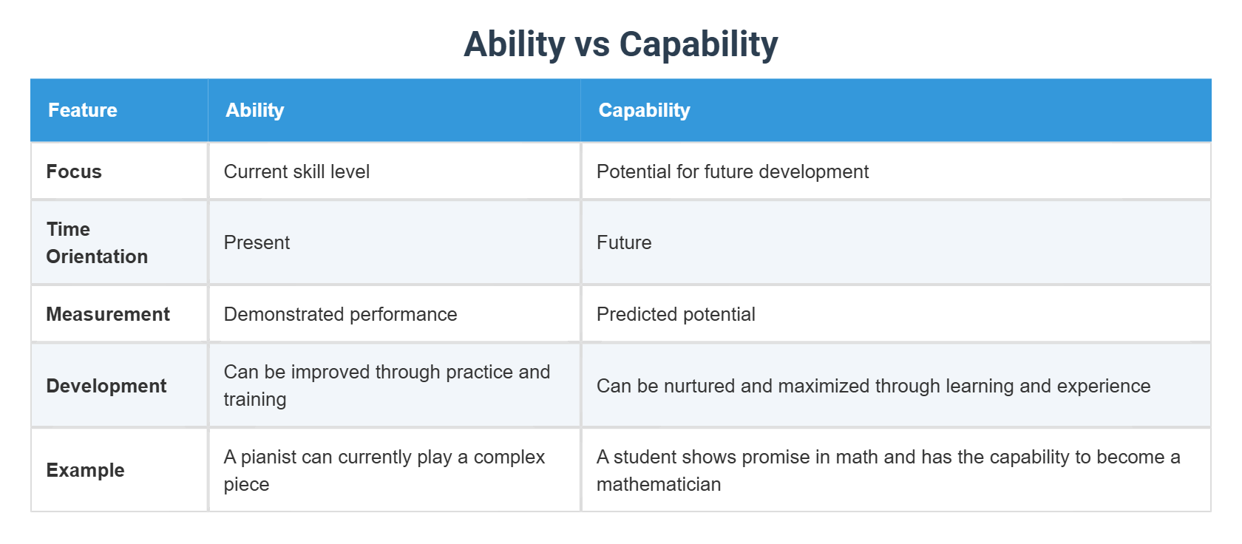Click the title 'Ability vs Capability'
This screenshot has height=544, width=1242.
pyautogui.click(x=620, y=44)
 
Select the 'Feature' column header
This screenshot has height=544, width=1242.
pyautogui.click(x=83, y=110)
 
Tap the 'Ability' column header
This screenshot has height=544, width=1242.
pyautogui.click(x=254, y=110)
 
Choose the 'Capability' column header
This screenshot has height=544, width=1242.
pyautogui.click(x=644, y=110)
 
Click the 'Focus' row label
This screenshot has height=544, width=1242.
pyautogui.click(x=74, y=171)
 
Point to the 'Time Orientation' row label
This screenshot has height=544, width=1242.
pyautogui.click(x=97, y=242)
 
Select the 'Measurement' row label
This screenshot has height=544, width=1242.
pyautogui.click(x=108, y=314)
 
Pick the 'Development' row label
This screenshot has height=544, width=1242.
pyautogui.click(x=106, y=386)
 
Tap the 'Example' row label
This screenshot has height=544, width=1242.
pyautogui.click(x=85, y=470)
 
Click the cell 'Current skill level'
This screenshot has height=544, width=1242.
pyautogui.click(x=296, y=171)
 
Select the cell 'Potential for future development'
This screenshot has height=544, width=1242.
pyautogui.click(x=732, y=171)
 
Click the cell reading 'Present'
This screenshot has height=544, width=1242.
pyautogui.click(x=257, y=242)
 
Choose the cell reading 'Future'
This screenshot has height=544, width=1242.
pyautogui.click(x=624, y=242)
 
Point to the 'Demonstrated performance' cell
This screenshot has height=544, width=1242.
pyautogui.click(x=340, y=314)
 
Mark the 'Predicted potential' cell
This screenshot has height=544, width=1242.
pyautogui.click(x=676, y=314)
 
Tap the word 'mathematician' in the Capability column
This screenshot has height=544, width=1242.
pyautogui.click(x=658, y=484)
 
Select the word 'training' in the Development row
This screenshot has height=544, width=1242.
pyautogui.click(x=255, y=399)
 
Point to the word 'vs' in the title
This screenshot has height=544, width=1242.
pyautogui.click(x=591, y=44)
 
